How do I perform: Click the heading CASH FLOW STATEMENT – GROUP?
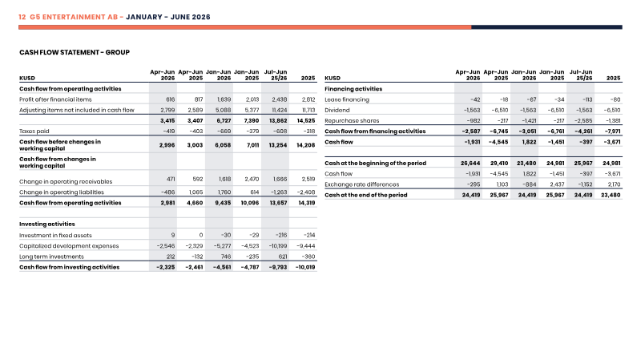click(75, 52)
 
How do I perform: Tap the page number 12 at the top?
click(22, 17)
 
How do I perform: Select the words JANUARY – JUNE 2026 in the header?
click(168, 17)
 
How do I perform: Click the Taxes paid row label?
click(34, 131)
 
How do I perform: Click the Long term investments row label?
click(51, 257)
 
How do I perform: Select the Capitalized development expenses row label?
click(69, 246)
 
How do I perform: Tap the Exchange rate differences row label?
click(362, 184)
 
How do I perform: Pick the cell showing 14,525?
click(306, 121)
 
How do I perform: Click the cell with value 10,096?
click(250, 203)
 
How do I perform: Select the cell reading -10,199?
click(277, 246)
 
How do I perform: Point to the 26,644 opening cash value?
click(470, 164)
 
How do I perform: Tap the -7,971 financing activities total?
click(612, 131)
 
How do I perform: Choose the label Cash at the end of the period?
click(366, 195)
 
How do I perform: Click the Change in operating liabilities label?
click(62, 192)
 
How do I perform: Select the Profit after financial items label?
click(55, 99)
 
